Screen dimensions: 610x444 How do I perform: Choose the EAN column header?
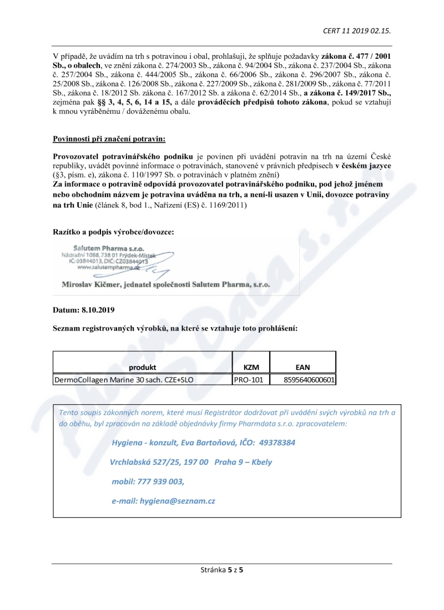coord(303,367)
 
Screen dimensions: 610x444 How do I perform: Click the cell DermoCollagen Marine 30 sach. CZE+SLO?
coord(127,380)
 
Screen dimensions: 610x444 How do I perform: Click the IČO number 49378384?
coord(275,443)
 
